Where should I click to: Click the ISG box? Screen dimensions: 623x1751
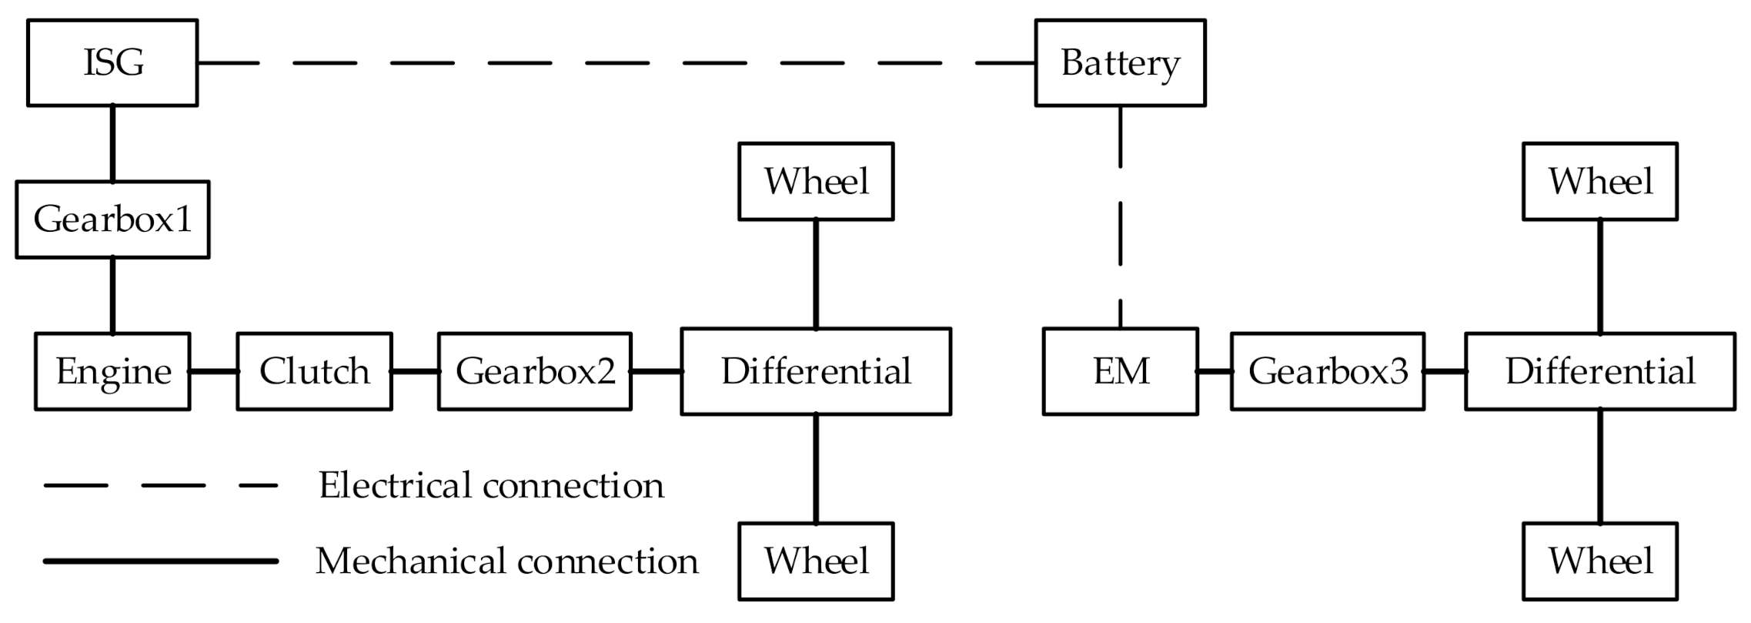tap(112, 62)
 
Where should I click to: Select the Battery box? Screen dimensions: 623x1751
tap(1119, 62)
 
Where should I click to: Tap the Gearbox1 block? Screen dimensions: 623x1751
tap(112, 219)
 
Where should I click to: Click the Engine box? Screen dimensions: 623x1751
tap(112, 371)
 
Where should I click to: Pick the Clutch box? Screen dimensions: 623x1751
tap(314, 371)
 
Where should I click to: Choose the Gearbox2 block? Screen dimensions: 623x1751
tap(535, 371)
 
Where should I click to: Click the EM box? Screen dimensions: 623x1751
tap(1120, 371)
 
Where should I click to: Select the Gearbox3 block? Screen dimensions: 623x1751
tap(1327, 371)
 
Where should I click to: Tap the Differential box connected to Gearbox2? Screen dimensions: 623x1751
tap(816, 371)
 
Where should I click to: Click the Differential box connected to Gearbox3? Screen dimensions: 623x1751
tap(1599, 371)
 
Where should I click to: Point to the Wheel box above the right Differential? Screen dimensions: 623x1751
tap(1599, 182)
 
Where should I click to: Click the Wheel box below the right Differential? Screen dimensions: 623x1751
tap(1599, 561)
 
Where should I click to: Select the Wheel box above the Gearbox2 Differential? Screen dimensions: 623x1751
tap(816, 182)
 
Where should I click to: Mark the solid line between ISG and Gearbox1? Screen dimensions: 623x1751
tap(112, 143)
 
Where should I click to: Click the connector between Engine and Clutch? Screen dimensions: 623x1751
tap(213, 371)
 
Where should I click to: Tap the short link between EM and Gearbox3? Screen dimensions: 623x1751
tap(1214, 371)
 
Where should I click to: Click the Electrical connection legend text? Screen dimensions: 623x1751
tap(491, 485)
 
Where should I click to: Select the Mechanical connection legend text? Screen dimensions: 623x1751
tap(506, 561)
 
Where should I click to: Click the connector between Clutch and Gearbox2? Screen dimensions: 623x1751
tap(415, 371)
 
